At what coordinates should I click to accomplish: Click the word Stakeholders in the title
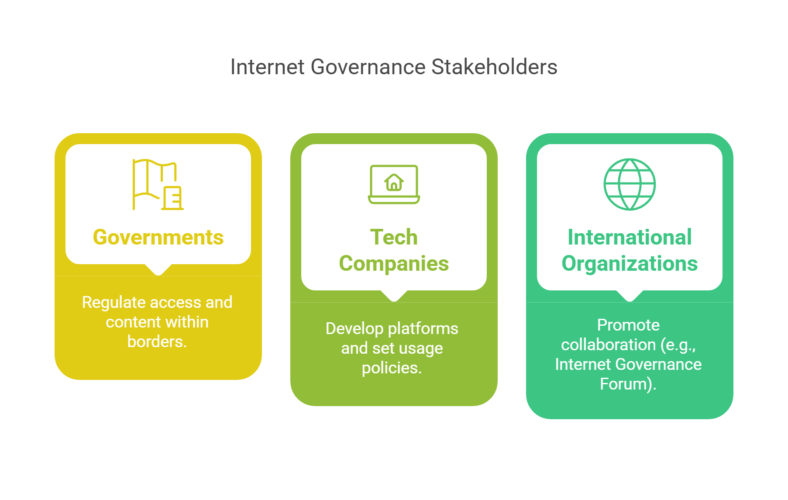494,67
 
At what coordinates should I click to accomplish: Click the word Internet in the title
267,67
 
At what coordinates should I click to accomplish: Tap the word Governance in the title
368,67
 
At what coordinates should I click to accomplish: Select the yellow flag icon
158,184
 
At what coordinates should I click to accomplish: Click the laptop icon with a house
394,184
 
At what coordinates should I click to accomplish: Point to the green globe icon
630,184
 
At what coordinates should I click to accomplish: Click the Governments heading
158,238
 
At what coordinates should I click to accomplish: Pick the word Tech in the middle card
394,238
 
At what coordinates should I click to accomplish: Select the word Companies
394,264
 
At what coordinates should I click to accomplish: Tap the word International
630,238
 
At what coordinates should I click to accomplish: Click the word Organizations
630,264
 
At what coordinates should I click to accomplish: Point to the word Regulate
114,303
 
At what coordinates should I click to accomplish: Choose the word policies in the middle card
391,368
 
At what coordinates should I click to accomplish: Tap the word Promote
628,325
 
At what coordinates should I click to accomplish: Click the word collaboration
608,345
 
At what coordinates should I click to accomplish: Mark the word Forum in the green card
625,384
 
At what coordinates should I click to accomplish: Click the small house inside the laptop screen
394,182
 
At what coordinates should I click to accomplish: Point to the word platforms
423,328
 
